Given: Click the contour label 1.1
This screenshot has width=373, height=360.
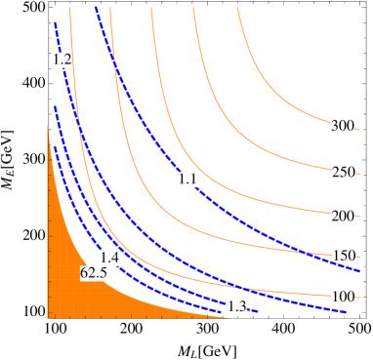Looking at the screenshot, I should (x=188, y=180).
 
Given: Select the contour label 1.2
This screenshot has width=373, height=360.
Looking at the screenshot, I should (x=62, y=60).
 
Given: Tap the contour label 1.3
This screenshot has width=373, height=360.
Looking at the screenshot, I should (x=236, y=306).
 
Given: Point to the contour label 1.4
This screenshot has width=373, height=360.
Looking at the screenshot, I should (x=109, y=258).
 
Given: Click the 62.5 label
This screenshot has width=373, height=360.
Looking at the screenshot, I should (x=94, y=274).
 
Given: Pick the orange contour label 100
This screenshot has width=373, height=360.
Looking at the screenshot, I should (x=342, y=297).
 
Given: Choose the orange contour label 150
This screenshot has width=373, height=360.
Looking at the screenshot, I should (x=342, y=256).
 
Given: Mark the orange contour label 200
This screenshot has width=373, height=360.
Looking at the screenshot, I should (x=342, y=216).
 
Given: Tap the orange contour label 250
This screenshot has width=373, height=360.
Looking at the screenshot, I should (x=342, y=173).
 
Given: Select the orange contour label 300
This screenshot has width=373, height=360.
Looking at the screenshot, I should (x=342, y=126).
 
